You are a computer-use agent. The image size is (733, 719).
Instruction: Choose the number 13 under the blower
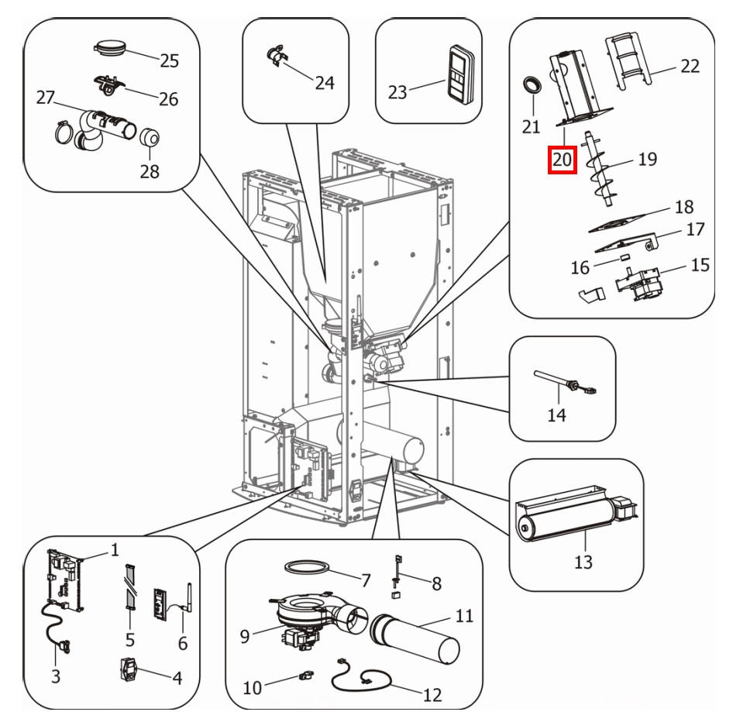[x=583, y=562]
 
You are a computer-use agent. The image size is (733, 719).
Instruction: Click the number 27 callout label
[x=47, y=98]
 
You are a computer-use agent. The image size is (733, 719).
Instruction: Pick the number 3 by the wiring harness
[x=56, y=676]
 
